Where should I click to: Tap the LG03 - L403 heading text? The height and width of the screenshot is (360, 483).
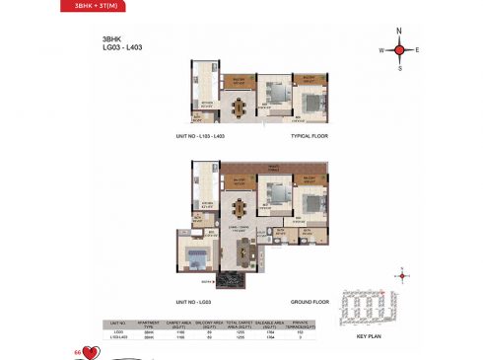point(103,49)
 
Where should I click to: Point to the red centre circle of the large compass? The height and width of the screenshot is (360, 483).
point(399,49)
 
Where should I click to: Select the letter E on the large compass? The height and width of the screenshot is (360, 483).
point(417,49)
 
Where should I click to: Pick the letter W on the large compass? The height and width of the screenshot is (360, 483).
point(380,49)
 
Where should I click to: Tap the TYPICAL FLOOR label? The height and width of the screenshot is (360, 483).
point(309,136)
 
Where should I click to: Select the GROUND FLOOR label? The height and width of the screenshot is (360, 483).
point(308,300)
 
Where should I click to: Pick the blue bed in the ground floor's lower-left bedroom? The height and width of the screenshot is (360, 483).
point(195,259)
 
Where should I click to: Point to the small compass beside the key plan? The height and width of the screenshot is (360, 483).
point(402,275)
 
